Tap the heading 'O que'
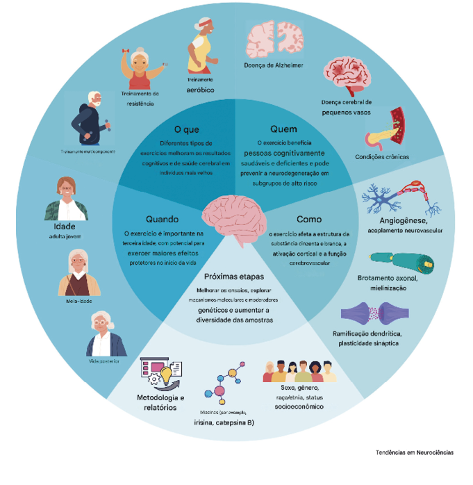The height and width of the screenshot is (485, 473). click(187, 129)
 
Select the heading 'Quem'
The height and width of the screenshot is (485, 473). click(283, 129)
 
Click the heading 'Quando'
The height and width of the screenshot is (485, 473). click(163, 218)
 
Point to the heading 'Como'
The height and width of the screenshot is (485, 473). click(308, 219)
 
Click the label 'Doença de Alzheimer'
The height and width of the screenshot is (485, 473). click(274, 66)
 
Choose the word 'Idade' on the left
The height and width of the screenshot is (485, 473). click(64, 226)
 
